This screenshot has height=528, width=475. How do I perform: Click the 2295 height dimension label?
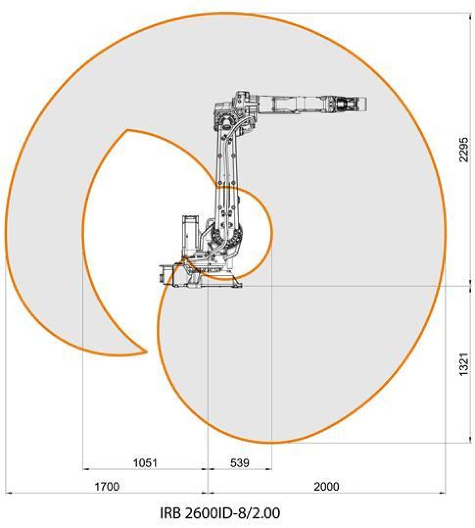point(464,150)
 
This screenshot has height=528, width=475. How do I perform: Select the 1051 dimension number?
point(145,463)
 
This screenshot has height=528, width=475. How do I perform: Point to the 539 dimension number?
point(239,463)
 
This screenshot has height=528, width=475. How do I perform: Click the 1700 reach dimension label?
point(106,486)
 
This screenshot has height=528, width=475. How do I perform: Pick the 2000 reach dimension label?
point(326,486)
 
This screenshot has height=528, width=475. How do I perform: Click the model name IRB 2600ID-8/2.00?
point(220,513)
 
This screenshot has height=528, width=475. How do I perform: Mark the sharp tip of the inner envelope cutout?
point(127,130)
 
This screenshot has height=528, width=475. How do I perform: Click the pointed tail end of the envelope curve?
point(146,351)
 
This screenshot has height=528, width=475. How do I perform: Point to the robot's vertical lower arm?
point(227,178)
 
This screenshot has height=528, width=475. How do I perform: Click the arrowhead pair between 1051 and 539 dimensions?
point(208,469)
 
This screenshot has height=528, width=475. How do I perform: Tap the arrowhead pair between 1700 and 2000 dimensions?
point(208,493)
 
